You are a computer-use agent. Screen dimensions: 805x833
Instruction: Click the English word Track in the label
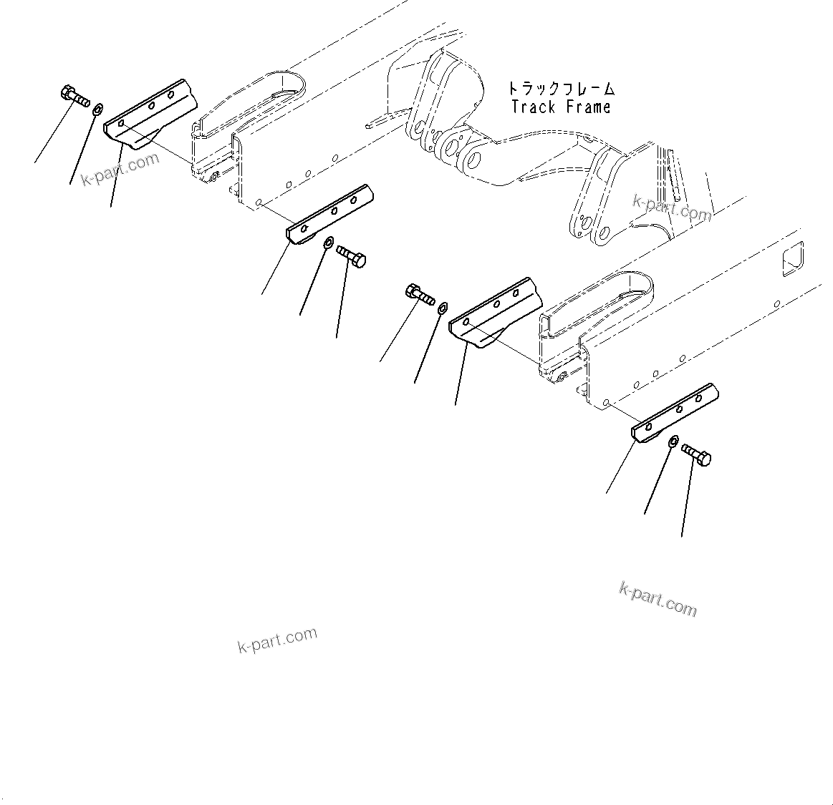pos(533,107)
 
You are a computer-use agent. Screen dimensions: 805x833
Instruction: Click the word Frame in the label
pos(587,107)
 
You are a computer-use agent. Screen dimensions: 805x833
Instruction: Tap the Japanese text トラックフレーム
pos(561,89)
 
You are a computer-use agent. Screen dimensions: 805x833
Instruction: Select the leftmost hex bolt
pos(72,97)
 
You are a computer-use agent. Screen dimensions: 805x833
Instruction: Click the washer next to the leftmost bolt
pos(97,109)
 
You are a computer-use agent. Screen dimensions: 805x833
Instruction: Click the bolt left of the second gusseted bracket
pos(420,294)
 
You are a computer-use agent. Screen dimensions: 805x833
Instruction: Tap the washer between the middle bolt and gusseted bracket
pos(443,308)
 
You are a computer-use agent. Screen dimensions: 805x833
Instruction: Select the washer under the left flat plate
pos(327,243)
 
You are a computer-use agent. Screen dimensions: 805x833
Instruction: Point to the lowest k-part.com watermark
pos(276,640)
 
